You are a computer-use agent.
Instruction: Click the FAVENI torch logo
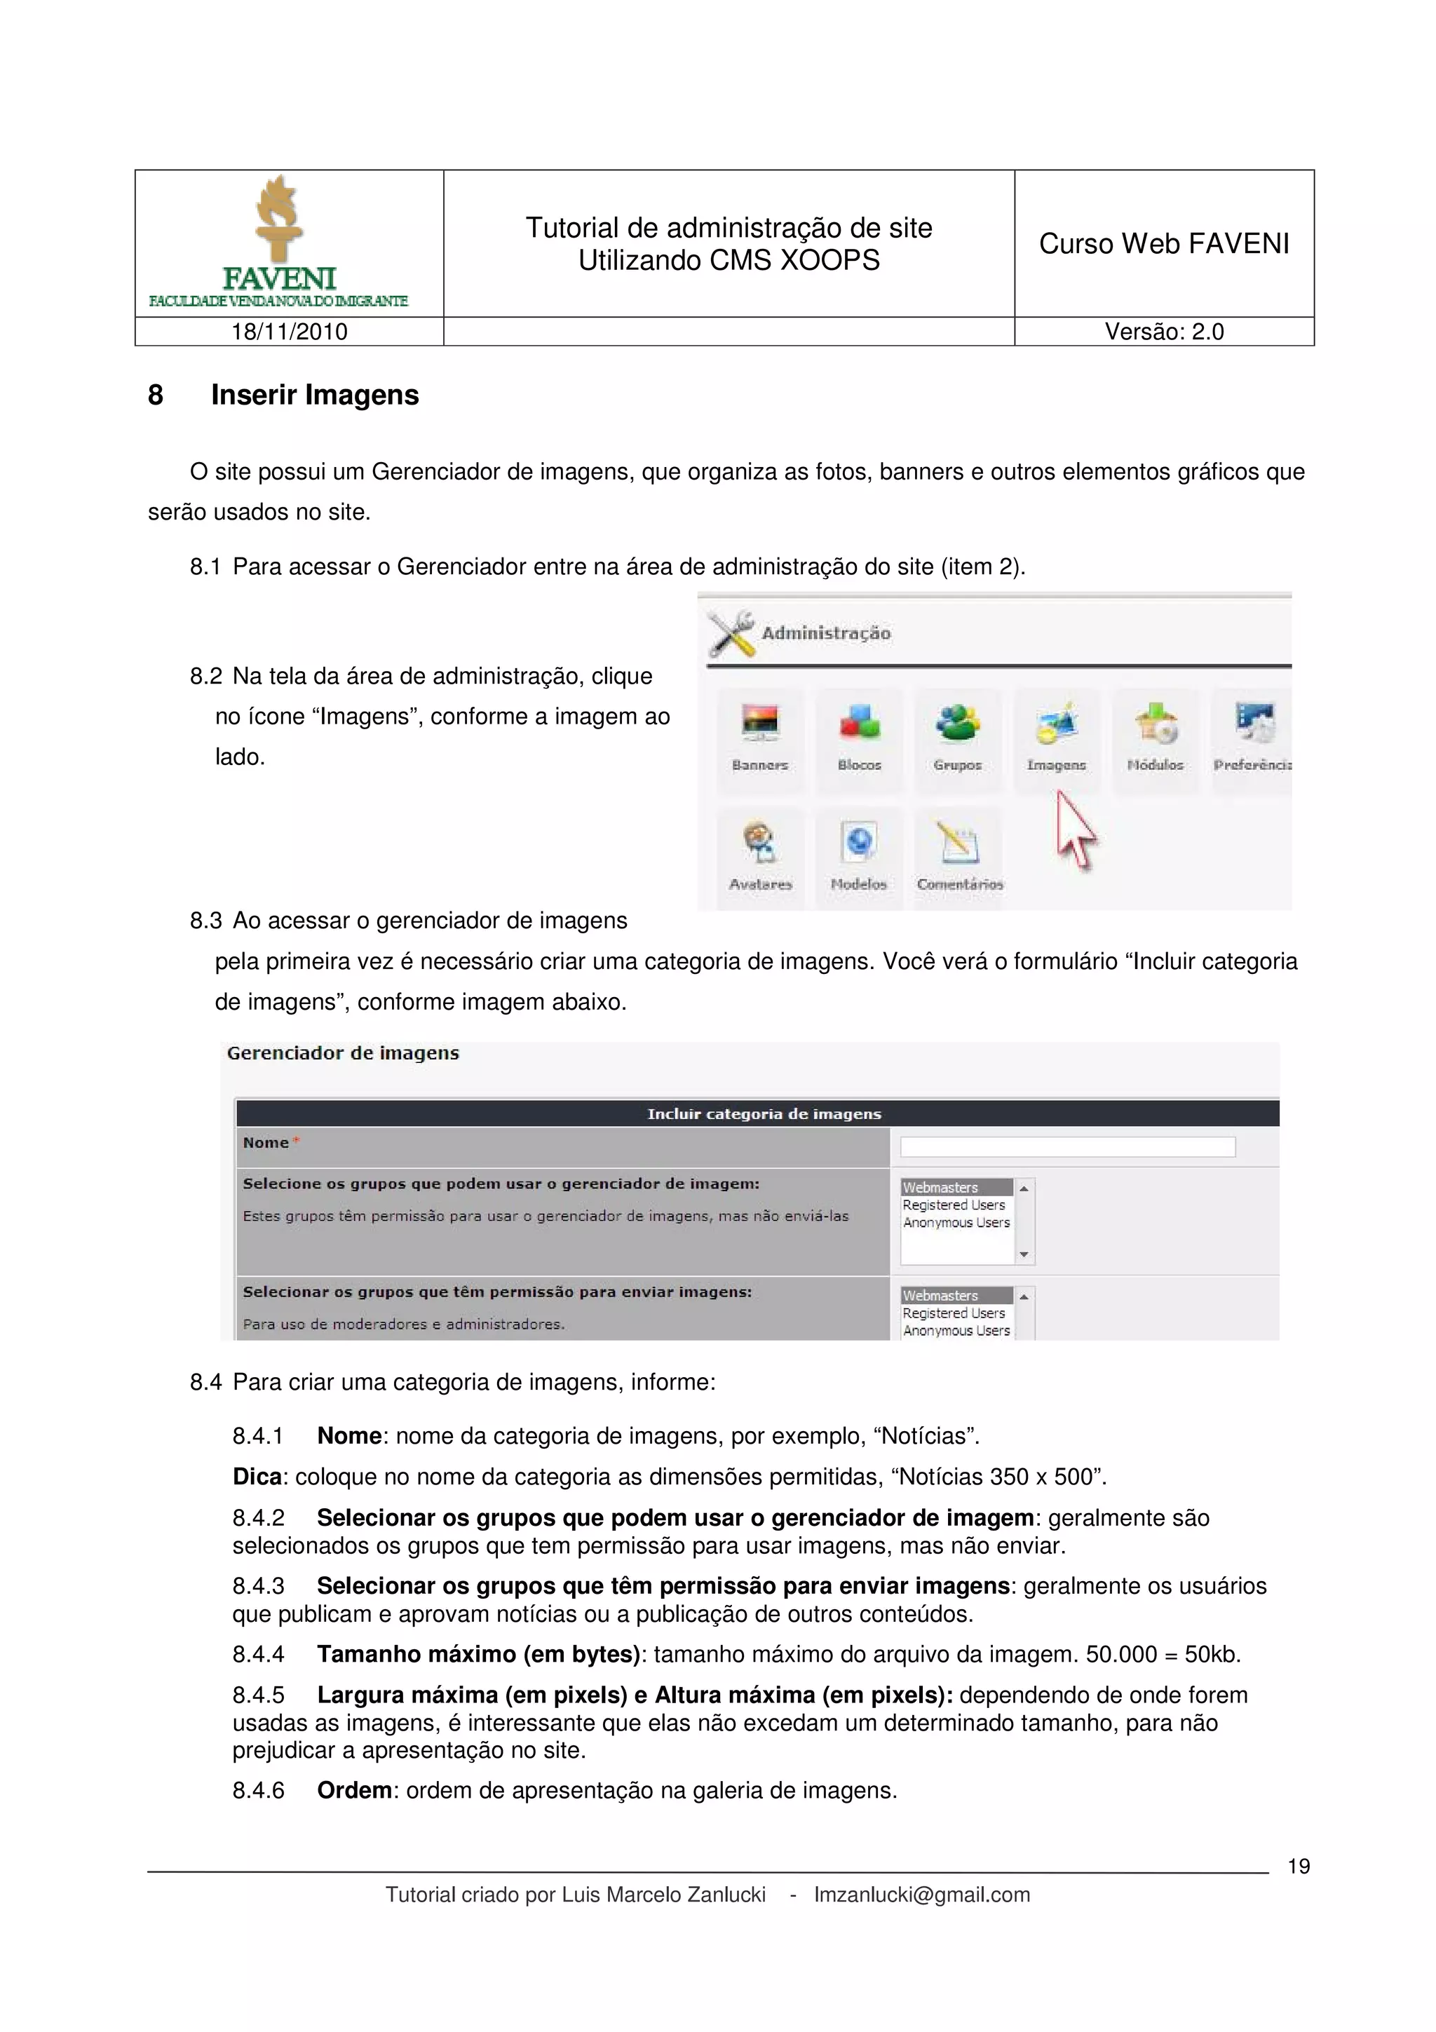point(278,222)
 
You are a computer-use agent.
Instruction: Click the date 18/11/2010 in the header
point(290,332)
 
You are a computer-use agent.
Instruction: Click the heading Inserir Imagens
point(314,395)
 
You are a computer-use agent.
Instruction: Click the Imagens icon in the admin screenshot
point(1055,726)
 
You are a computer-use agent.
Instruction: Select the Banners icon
point(759,726)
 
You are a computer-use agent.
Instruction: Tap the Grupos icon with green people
point(957,726)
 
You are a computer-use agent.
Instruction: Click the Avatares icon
point(760,845)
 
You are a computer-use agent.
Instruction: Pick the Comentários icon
point(959,845)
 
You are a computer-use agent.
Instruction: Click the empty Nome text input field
point(1067,1147)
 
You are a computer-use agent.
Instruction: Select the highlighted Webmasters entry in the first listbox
point(956,1188)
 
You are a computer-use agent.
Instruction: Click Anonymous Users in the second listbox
point(956,1330)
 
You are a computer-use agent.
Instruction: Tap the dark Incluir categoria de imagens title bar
point(763,1113)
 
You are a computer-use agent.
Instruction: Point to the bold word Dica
point(257,1477)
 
